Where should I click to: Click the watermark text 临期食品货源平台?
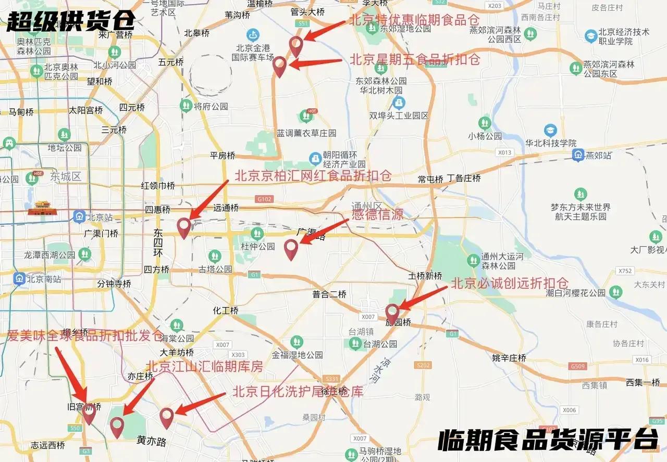tap(548, 440)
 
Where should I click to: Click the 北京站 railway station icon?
tap(79, 216)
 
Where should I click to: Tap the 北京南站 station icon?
tap(20, 279)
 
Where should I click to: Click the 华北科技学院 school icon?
tap(550, 130)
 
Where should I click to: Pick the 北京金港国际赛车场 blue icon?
tap(253, 35)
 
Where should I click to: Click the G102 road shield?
tap(265, 199)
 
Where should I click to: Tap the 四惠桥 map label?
tap(157, 210)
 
